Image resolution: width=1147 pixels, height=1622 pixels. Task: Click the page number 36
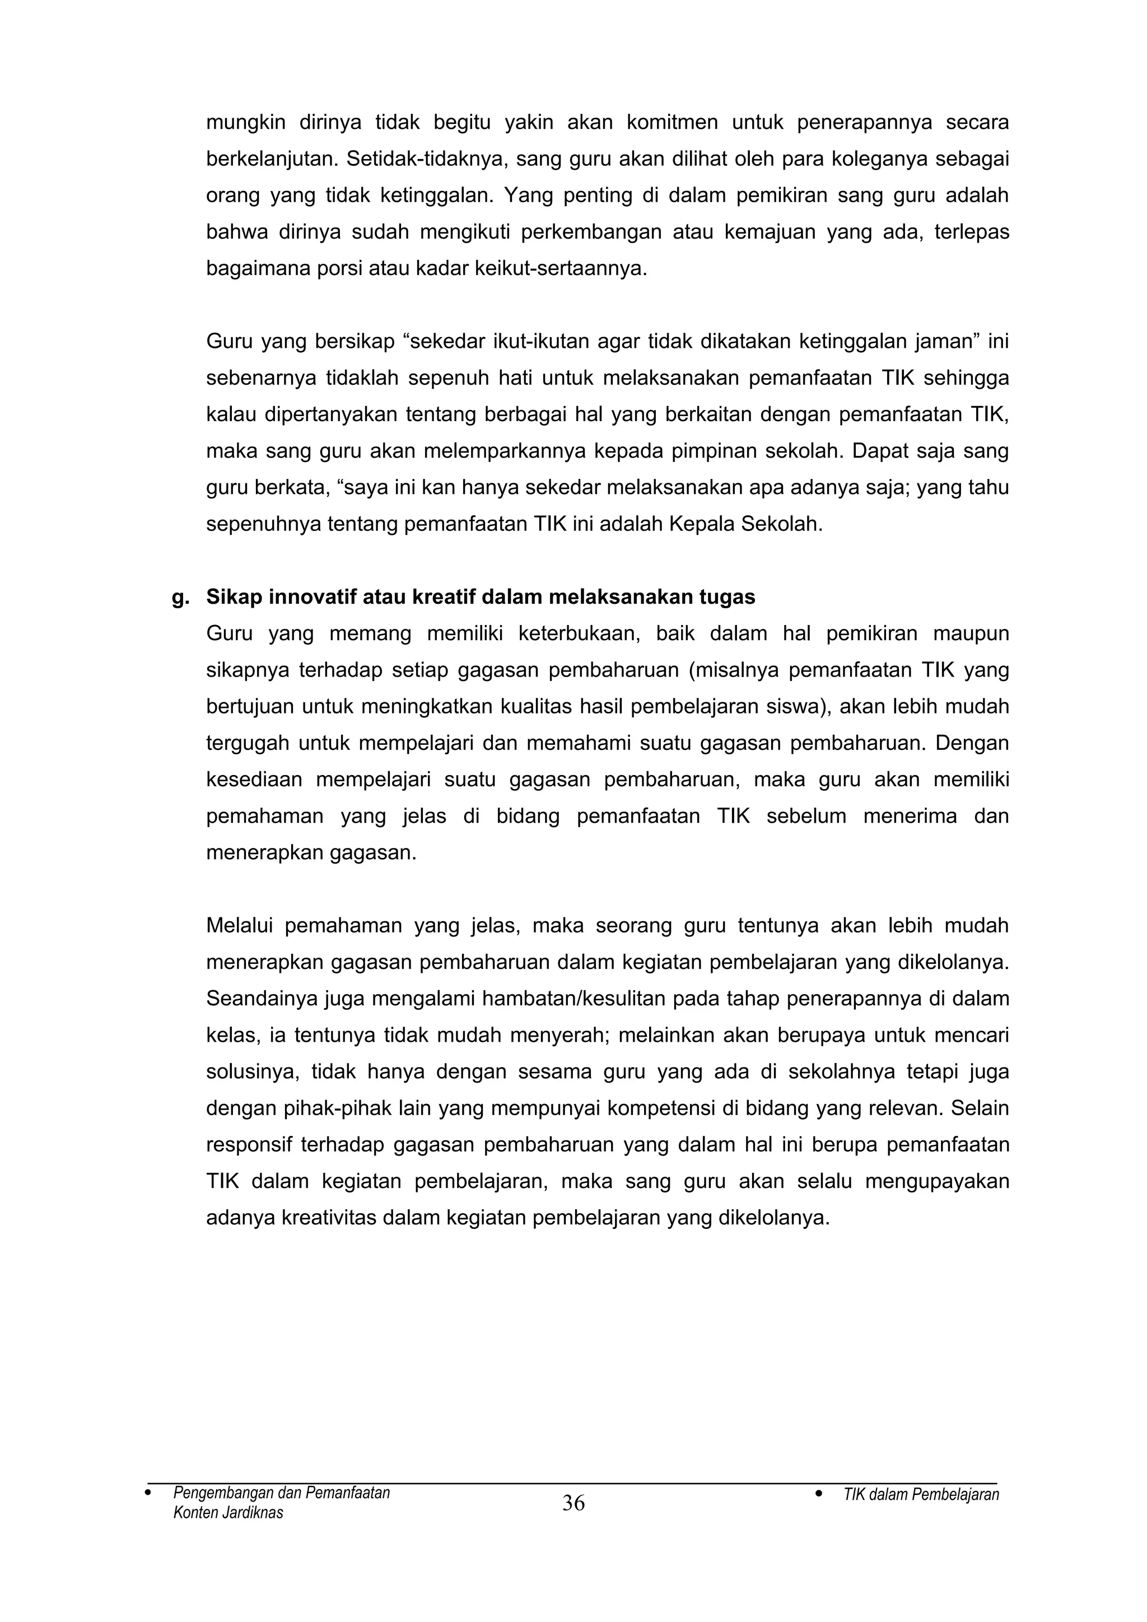(573, 1503)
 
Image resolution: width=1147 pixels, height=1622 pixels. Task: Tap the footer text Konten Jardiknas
(227, 1512)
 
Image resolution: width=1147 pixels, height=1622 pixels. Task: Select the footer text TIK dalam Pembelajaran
(920, 1495)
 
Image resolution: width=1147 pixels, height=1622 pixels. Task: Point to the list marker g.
(180, 598)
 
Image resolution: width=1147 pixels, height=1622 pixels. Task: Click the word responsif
(248, 1144)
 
